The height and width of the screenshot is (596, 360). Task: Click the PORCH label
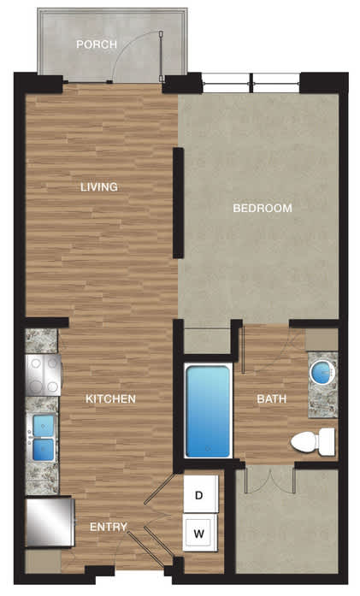click(x=97, y=44)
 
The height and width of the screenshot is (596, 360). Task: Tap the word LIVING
click(x=99, y=187)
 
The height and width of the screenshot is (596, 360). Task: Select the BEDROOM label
click(x=263, y=209)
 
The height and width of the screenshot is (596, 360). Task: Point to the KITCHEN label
click(x=110, y=398)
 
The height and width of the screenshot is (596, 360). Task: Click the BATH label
click(x=271, y=398)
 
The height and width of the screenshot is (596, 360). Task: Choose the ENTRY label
click(x=109, y=527)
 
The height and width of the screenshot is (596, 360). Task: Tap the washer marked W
click(x=200, y=533)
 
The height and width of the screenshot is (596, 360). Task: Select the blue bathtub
click(x=209, y=411)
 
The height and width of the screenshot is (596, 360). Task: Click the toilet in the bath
click(x=313, y=442)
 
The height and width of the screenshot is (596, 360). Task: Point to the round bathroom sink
click(x=322, y=372)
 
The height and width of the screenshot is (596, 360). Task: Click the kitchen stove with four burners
click(x=44, y=375)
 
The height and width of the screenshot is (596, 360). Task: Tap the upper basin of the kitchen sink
click(x=44, y=425)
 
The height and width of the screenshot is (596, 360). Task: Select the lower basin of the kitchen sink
click(x=44, y=450)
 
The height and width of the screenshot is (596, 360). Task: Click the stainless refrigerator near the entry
click(x=50, y=522)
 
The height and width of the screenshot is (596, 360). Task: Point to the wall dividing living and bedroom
click(x=178, y=204)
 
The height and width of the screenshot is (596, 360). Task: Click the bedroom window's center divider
click(x=251, y=83)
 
